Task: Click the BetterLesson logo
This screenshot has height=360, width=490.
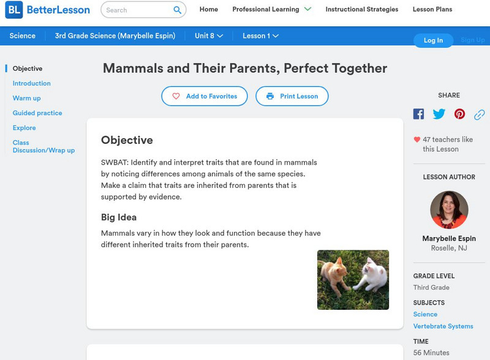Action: [x=48, y=10]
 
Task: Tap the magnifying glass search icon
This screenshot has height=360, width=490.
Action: [x=178, y=10]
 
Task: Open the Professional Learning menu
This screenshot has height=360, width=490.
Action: [x=271, y=10]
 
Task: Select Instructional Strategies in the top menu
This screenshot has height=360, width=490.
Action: [x=361, y=10]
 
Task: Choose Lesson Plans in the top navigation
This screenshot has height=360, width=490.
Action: [x=432, y=10]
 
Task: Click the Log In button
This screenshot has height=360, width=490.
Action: [x=433, y=40]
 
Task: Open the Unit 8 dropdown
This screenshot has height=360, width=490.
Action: [x=209, y=36]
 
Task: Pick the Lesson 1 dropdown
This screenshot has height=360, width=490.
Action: [x=260, y=36]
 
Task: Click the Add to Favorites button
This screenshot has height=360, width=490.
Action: [x=205, y=96]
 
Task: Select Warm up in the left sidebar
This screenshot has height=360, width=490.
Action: [x=27, y=98]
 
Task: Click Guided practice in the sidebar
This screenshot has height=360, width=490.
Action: [x=37, y=113]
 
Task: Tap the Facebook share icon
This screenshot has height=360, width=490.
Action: [x=418, y=114]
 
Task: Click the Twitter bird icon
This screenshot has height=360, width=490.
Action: [x=439, y=114]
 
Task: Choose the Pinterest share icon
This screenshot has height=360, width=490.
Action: [x=459, y=114]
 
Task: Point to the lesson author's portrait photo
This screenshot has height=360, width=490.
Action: [x=449, y=209]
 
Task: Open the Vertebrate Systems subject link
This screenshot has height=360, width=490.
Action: [x=442, y=326]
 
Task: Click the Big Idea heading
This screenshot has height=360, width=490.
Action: [x=119, y=217]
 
